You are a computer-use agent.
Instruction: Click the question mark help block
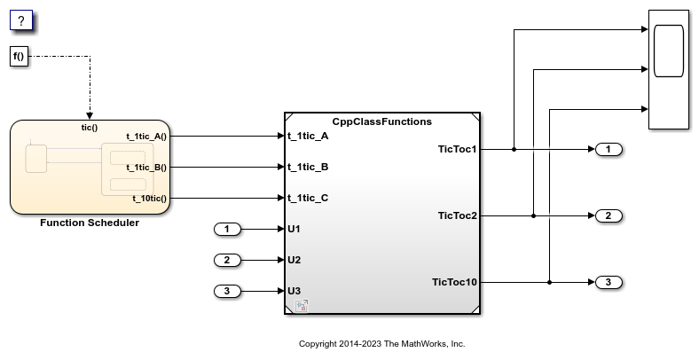pos(21,21)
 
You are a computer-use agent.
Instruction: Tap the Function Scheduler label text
pos(90,223)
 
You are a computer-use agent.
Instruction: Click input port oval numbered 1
pos(228,230)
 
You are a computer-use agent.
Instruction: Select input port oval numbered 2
pos(228,260)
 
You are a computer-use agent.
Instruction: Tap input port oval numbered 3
pos(228,291)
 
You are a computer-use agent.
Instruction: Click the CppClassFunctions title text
pos(381,121)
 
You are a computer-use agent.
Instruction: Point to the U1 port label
pos(295,230)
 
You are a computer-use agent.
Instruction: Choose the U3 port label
pos(295,291)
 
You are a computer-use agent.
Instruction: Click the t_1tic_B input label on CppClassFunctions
pos(308,167)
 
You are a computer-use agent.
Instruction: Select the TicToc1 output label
pos(458,149)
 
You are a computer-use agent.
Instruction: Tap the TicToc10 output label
pos(454,282)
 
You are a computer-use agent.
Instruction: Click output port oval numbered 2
pos(609,215)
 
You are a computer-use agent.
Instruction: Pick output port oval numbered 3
pos(609,282)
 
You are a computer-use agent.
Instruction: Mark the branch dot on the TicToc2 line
pos(532,215)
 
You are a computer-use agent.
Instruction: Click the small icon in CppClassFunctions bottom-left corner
pos(302,306)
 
